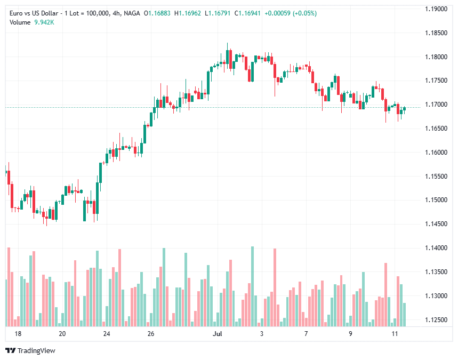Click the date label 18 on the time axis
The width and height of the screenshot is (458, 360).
tap(18, 334)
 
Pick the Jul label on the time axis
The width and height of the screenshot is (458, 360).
tap(217, 334)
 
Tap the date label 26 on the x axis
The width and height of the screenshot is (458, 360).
tap(151, 334)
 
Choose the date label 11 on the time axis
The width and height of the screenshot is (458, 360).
tap(395, 334)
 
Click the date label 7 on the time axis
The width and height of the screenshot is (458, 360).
tap(306, 334)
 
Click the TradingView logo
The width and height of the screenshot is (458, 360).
tap(30, 350)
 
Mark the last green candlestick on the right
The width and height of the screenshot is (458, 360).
tap(405, 109)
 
